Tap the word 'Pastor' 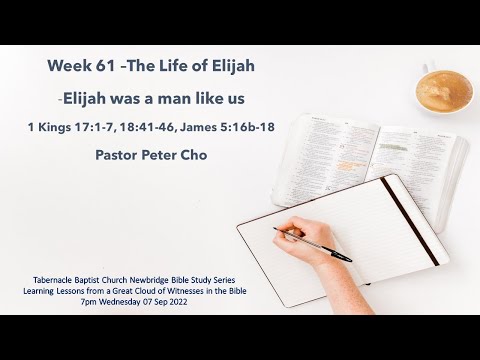tap(118, 157)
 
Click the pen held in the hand tap(310, 243)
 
